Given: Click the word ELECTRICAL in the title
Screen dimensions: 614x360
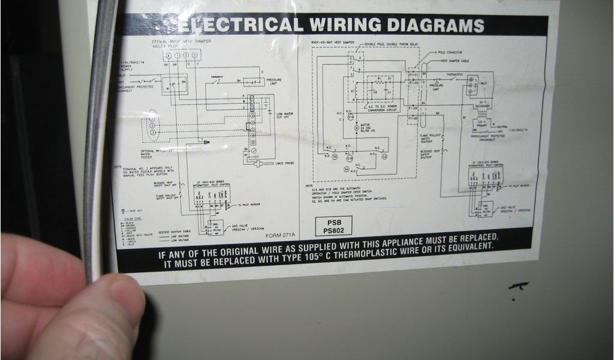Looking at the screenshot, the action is pos(239,25).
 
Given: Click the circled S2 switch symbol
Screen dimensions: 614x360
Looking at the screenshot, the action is pos(335,156).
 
